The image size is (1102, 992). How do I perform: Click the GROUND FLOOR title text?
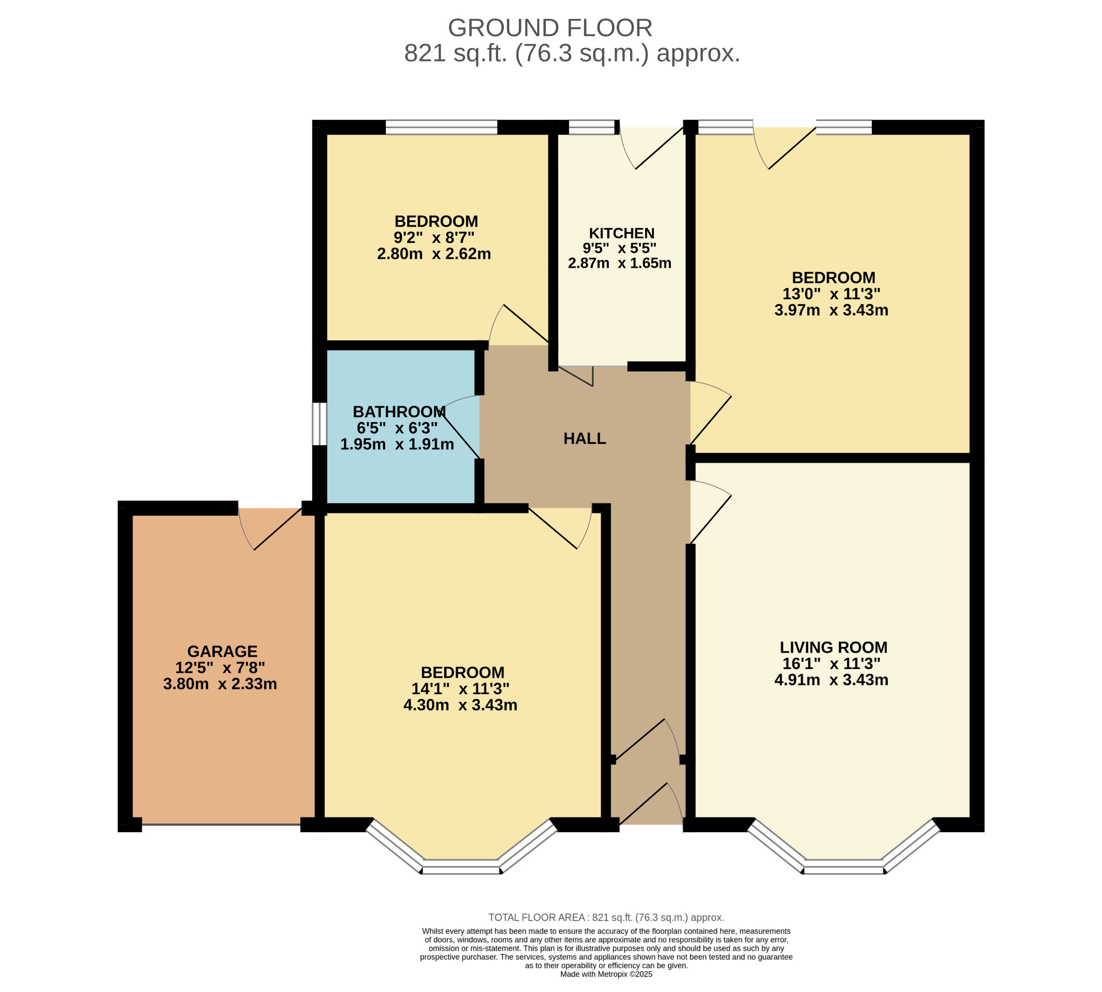(550, 28)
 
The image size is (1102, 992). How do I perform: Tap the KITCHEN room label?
(621, 233)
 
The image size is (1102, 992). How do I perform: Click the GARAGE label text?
(222, 651)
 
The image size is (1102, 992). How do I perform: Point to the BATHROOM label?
(399, 411)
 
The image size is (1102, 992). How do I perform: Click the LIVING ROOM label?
(833, 648)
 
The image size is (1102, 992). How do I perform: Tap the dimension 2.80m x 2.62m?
(434, 254)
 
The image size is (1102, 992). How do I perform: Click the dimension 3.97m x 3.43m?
(831, 310)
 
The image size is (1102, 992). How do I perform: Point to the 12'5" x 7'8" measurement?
(220, 668)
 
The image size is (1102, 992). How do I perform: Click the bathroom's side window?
(319, 424)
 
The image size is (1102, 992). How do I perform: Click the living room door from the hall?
(711, 513)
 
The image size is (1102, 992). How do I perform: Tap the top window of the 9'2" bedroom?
(441, 127)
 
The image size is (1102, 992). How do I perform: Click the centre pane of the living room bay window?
(844, 866)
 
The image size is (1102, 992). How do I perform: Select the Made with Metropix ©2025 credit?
(606, 974)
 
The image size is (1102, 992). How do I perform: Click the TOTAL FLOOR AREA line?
(606, 917)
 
